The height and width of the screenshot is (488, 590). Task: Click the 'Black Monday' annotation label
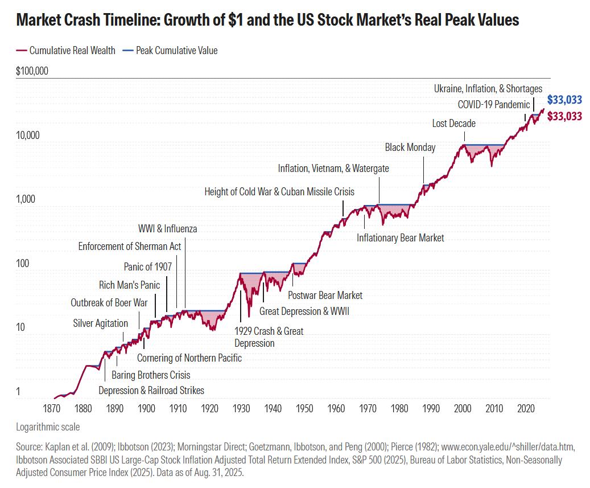point(410,147)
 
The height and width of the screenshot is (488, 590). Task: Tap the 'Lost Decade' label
point(453,123)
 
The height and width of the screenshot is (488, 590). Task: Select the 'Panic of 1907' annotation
point(147,266)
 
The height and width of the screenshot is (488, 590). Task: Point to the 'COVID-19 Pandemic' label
point(494,105)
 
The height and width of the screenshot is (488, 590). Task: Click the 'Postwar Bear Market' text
point(325,295)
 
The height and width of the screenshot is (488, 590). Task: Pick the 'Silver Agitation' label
point(100,323)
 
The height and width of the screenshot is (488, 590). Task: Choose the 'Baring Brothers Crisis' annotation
point(151,375)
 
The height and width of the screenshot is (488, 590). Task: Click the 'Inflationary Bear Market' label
point(400,237)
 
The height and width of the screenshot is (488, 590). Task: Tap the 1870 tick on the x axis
point(52,408)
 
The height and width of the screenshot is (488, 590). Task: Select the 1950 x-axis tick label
point(304,408)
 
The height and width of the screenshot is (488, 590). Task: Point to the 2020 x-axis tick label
point(526,408)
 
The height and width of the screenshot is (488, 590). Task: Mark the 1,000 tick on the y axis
point(26,199)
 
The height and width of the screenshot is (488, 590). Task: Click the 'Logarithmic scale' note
point(48,427)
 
